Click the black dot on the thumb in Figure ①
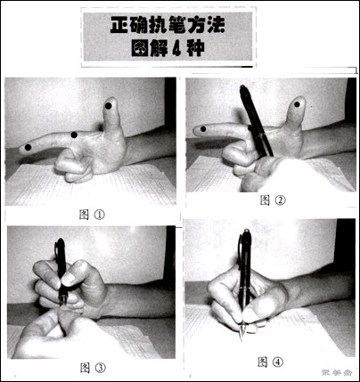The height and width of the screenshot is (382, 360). click(x=109, y=106)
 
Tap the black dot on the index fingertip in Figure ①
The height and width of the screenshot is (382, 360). click(x=28, y=146)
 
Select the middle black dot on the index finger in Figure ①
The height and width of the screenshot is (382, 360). click(x=73, y=135)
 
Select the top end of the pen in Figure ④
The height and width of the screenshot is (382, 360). click(x=244, y=233)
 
